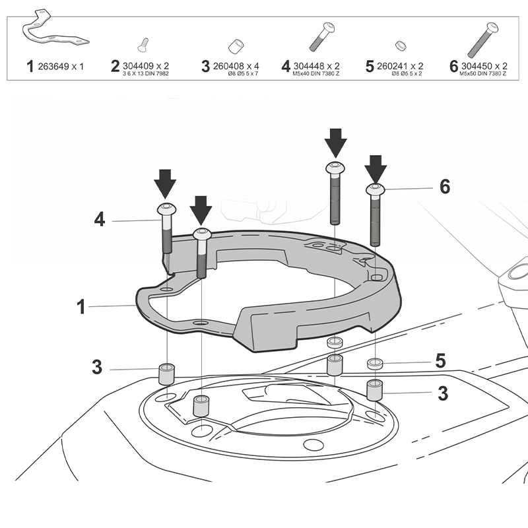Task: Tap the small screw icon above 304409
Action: [143, 45]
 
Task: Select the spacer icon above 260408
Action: [234, 46]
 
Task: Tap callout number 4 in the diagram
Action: [99, 220]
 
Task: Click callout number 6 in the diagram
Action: [445, 187]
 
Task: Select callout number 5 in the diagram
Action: [440, 361]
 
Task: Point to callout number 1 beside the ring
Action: [81, 306]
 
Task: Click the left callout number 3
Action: [97, 368]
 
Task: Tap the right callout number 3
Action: [443, 393]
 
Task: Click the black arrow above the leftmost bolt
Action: [165, 182]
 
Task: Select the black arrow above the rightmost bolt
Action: [376, 169]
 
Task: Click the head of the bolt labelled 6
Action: [375, 190]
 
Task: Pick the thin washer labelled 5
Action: [375, 363]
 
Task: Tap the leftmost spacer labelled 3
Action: [166, 374]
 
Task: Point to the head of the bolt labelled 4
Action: [166, 211]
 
